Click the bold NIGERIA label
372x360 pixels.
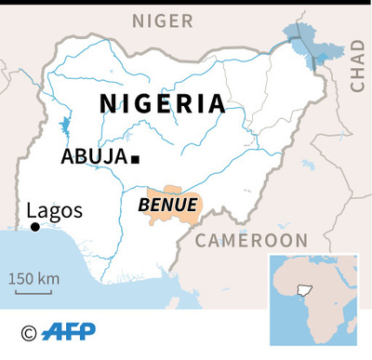[x=162, y=103]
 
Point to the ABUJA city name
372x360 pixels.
[x=93, y=157]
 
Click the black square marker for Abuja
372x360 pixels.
[x=136, y=159]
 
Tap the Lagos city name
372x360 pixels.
[x=55, y=210]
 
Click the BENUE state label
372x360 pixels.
[x=167, y=204]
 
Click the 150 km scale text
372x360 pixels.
[x=34, y=278]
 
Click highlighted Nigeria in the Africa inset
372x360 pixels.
[x=302, y=290]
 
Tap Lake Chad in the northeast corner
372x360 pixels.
[x=301, y=42]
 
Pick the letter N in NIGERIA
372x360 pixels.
[x=108, y=103]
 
